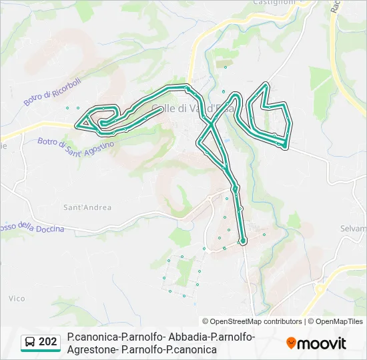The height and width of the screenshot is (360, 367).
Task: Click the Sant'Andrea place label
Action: (87, 207)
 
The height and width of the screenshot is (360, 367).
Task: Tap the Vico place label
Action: (17, 299)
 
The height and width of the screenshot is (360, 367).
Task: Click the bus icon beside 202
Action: (29, 343)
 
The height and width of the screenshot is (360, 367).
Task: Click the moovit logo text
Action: (322, 343)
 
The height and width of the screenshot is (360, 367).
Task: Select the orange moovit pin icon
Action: (291, 343)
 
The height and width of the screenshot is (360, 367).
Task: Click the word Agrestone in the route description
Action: (93, 349)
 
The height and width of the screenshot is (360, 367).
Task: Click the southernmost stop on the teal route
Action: (243, 241)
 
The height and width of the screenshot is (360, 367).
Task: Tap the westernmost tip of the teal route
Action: (76, 124)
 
